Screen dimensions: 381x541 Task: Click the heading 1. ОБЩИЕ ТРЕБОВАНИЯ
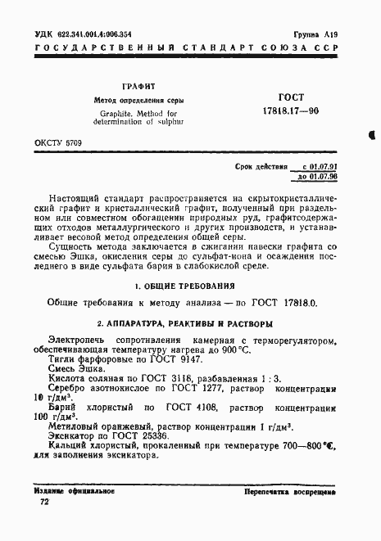click(190, 286)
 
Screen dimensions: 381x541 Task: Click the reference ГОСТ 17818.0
click(286, 303)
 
